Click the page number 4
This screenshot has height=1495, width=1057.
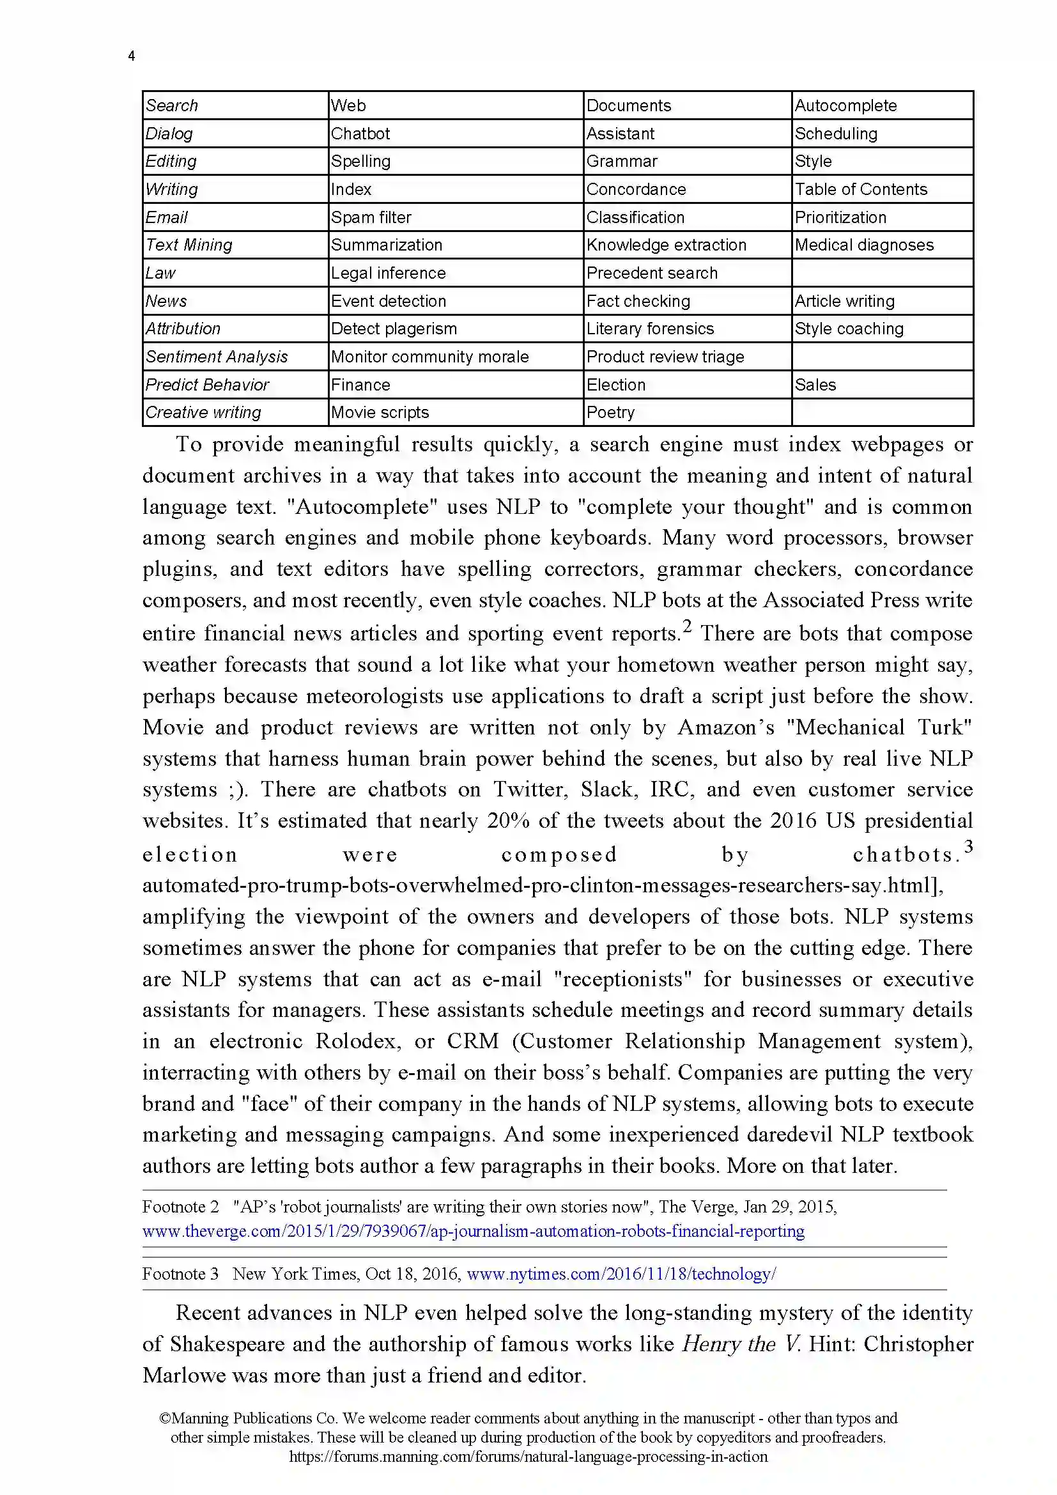(x=132, y=56)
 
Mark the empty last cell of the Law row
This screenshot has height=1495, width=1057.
(x=882, y=273)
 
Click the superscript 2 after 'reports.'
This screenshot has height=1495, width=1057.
(x=686, y=626)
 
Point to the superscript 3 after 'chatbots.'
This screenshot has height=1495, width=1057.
(x=968, y=846)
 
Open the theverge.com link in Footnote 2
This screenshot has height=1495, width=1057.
(x=473, y=1231)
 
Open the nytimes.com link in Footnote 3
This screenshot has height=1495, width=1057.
(x=621, y=1274)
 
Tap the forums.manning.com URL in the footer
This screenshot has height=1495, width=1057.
(x=528, y=1457)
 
